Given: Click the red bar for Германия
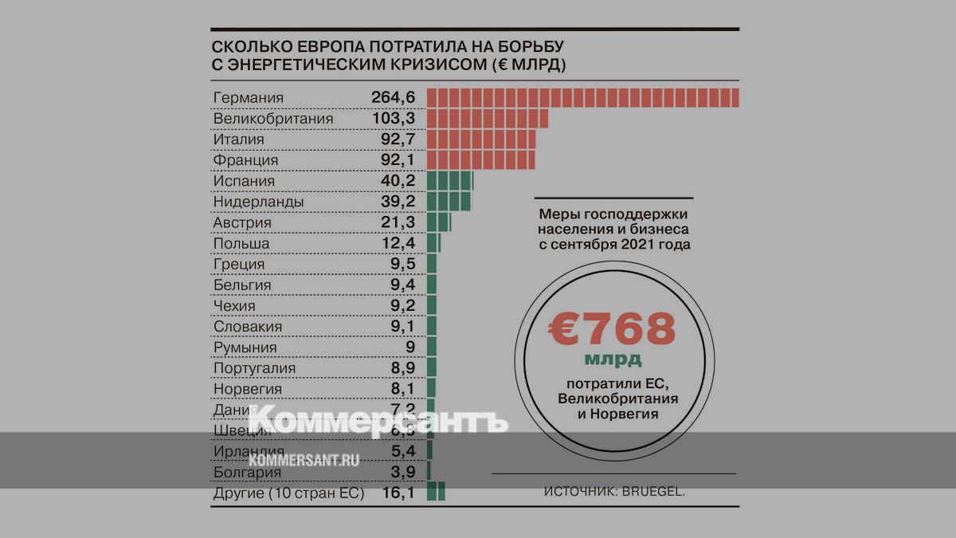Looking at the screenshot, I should (583, 98).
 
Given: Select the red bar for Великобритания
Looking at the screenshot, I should (488, 119).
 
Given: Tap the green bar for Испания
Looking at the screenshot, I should (450, 181).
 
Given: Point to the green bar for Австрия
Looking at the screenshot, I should (439, 222).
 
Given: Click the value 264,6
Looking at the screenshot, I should (394, 98).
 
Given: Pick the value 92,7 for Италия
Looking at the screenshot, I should (398, 139).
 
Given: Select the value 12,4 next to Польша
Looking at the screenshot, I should (398, 243).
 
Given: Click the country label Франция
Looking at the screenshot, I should (245, 160).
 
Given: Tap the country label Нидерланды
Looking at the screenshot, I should (258, 202).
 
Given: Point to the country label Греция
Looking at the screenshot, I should (239, 264).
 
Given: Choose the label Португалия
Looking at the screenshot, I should (254, 368).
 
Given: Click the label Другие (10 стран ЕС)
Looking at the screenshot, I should (288, 493).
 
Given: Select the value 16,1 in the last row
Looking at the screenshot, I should (398, 493).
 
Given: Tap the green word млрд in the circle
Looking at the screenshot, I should (613, 358).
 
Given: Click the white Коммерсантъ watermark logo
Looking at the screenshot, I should (379, 421).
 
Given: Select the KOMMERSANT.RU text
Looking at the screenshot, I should (304, 460).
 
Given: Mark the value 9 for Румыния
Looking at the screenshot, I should (409, 348).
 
